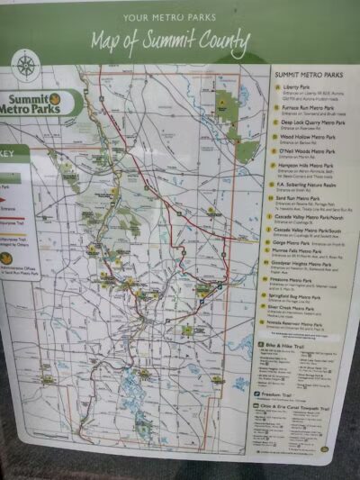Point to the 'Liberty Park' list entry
pyautogui.click(x=298, y=88)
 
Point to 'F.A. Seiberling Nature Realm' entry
pyautogui.click(x=310, y=184)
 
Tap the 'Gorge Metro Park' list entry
pyautogui.click(x=302, y=243)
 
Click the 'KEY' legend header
pyautogui.click(x=13, y=154)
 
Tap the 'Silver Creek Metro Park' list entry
pyautogui.click(x=306, y=308)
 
